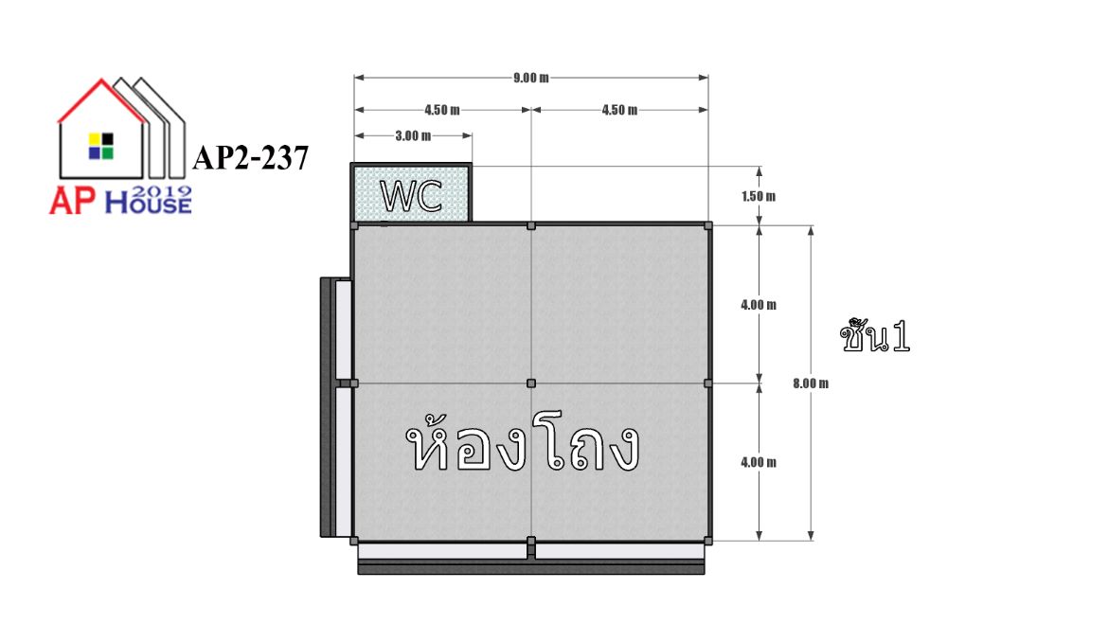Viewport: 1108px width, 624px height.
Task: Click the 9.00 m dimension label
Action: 530,78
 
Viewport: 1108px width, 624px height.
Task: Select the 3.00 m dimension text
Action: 413,135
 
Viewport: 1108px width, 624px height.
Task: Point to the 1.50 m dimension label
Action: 759,196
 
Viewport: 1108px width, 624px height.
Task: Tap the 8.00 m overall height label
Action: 811,383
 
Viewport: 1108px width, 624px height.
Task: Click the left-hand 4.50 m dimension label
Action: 442,110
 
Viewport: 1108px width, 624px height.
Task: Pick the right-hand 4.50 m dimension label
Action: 619,110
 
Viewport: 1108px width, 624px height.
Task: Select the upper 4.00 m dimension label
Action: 759,305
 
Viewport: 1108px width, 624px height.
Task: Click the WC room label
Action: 411,196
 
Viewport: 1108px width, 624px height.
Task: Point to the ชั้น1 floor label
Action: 875,336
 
